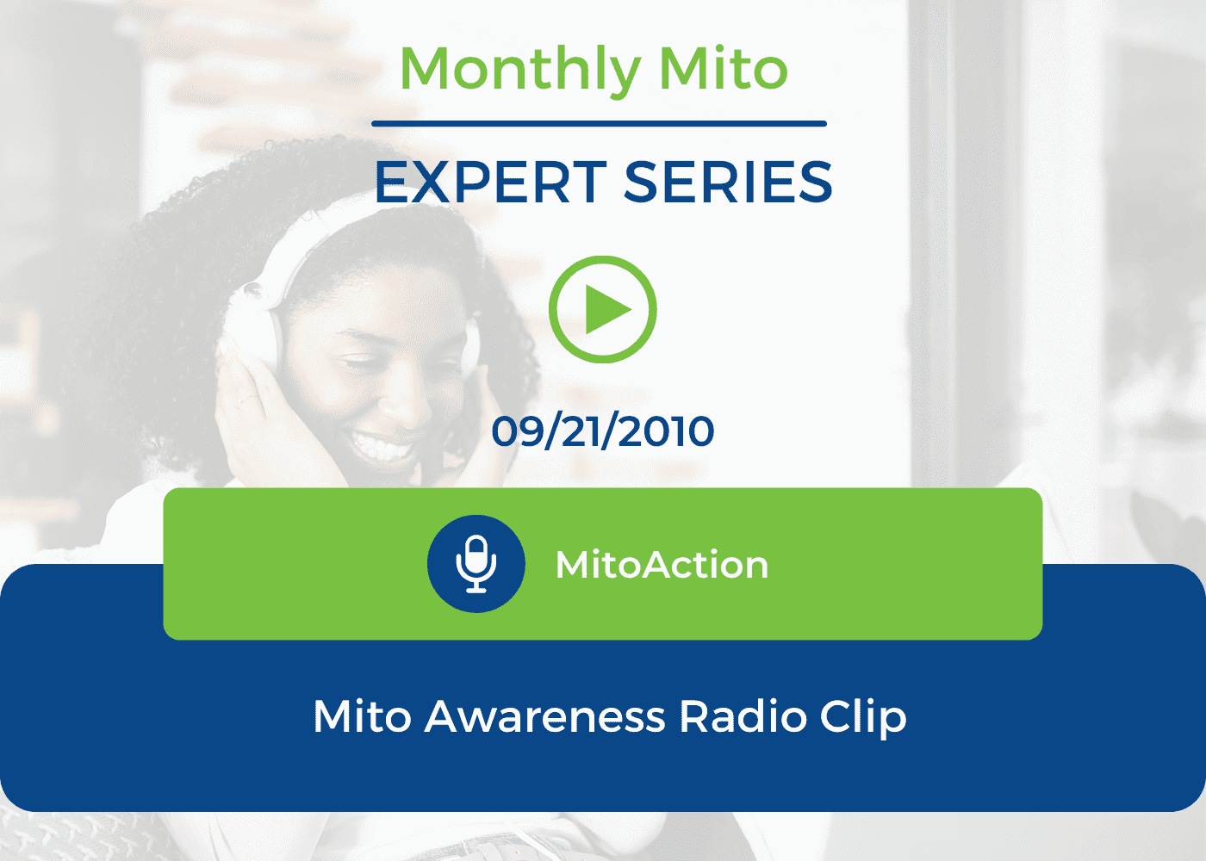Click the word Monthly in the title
tap(520, 70)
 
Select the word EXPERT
tap(491, 182)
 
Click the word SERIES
tap(728, 182)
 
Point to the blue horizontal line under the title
tap(599, 124)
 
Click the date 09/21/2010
tap(602, 431)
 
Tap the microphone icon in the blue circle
tap(476, 564)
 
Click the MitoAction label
tap(662, 565)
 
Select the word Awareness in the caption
tap(544, 716)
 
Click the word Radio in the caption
tap(743, 716)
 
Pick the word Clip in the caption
tap(863, 718)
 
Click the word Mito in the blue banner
tap(363, 716)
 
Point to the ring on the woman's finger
tap(249, 398)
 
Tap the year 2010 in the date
tap(666, 431)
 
